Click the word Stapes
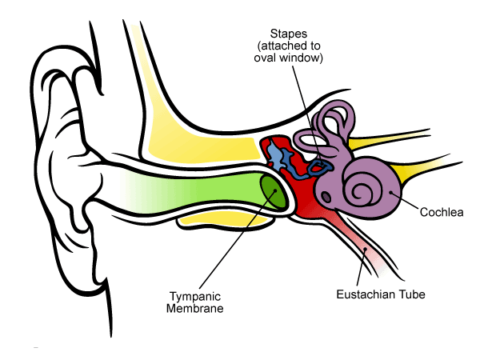point(289,34)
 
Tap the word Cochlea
point(442,212)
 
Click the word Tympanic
point(195,297)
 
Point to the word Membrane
point(194,308)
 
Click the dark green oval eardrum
point(273,192)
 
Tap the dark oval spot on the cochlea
point(326,197)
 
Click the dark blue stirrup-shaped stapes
point(320,166)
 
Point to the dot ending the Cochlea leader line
point(391,192)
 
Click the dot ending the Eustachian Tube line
point(365,250)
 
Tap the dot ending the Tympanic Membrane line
point(275,190)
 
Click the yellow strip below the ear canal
point(223,221)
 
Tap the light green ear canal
point(196,191)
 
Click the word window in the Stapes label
point(302,58)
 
